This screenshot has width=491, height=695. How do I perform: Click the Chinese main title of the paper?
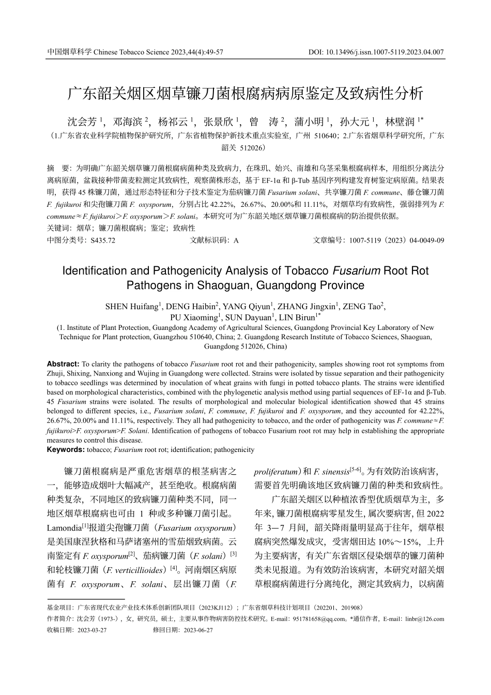pyautogui.click(x=245, y=94)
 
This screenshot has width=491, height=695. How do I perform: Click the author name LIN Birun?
pyautogui.click(x=299, y=317)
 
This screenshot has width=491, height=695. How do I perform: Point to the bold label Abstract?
pyautogui.click(x=63, y=364)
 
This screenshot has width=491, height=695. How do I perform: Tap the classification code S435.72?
pyautogui.click(x=103, y=240)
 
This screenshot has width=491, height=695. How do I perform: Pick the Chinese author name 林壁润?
pyautogui.click(x=400, y=122)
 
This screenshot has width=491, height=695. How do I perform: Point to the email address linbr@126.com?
pyautogui.click(x=424, y=618)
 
